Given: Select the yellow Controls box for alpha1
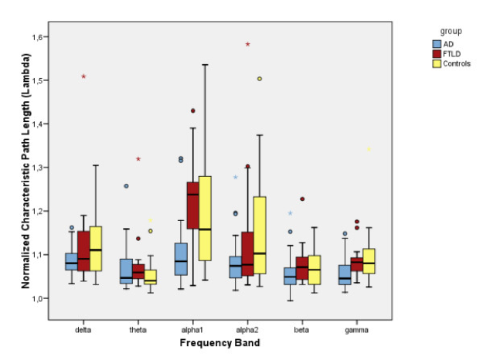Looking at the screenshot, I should pos(205,218).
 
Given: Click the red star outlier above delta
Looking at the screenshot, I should pos(83,76).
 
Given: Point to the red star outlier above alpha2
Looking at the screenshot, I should pos(248,44).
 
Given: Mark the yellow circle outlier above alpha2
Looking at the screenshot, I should pos(260,79).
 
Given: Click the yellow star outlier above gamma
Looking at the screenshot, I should pos(369,150).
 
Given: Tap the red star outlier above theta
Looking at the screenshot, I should pos(138,159).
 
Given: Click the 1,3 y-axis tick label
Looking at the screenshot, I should pos(40,168).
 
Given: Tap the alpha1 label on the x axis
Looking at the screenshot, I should pos(193,329).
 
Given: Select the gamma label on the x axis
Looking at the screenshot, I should pos(357,329).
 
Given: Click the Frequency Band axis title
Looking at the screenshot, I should pos(219,342).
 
